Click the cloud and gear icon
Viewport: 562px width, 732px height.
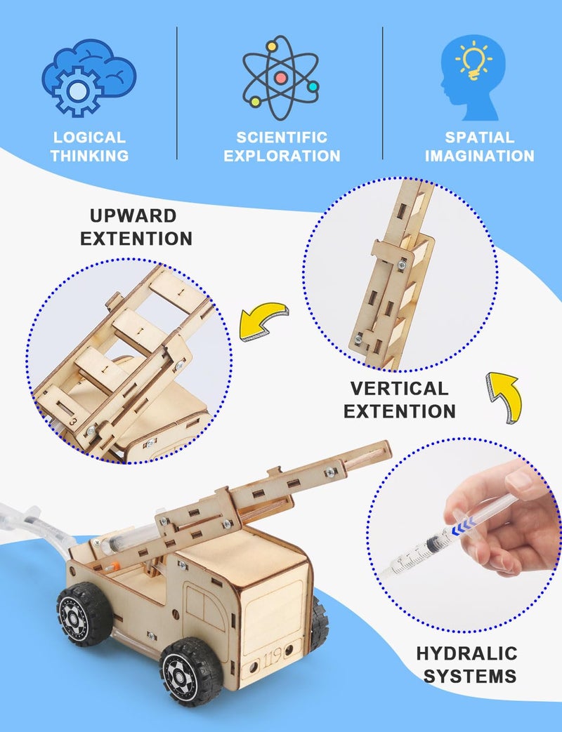point(88,76)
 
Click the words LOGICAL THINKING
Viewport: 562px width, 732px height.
point(89,147)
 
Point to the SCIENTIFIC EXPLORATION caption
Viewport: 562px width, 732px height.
point(281,147)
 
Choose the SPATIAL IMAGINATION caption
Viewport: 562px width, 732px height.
point(479,147)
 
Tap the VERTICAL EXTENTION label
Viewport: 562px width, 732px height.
point(399,399)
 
